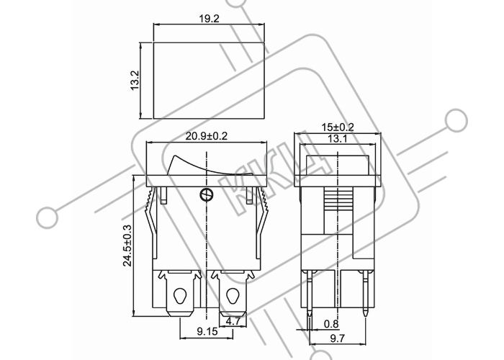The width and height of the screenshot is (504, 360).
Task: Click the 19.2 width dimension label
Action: (209, 19)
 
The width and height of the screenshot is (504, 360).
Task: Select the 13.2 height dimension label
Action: (135, 81)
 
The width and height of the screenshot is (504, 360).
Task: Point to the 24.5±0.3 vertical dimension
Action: (127, 246)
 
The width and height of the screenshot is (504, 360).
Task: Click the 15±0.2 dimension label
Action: (338, 127)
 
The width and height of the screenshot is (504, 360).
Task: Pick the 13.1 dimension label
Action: (338, 139)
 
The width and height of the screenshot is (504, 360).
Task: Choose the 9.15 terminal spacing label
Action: (207, 331)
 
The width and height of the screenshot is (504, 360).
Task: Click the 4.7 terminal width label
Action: (233, 321)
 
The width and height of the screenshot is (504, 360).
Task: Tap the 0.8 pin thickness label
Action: (331, 324)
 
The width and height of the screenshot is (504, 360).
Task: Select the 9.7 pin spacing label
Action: (338, 338)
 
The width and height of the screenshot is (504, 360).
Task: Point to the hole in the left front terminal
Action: (179, 296)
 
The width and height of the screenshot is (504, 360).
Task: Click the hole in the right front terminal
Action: (231, 296)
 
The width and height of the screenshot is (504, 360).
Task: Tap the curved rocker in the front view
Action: (210, 166)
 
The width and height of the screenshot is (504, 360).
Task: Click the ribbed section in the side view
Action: (339, 199)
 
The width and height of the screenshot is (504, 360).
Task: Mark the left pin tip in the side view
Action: (309, 316)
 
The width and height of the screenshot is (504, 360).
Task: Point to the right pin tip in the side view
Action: (366, 316)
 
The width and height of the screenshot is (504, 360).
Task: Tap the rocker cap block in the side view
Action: (338, 165)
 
